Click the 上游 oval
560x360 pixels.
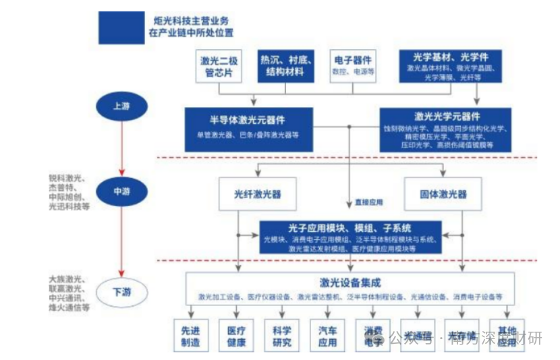[x=121, y=106]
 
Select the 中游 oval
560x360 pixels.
[x=121, y=191]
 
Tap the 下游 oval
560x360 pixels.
[x=121, y=293]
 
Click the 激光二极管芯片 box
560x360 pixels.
[x=218, y=66]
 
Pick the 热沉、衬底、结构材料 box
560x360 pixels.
[x=286, y=66]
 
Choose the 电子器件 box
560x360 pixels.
[x=354, y=65]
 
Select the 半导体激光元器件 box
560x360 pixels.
[x=247, y=125]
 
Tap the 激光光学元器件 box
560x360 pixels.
[x=447, y=129]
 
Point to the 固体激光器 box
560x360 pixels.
[x=443, y=194]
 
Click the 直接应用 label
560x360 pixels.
[x=369, y=202]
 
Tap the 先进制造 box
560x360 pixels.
[x=190, y=336]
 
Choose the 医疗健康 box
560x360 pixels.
[x=236, y=336]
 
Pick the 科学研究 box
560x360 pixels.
[x=282, y=336]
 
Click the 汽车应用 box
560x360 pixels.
[x=327, y=336]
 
